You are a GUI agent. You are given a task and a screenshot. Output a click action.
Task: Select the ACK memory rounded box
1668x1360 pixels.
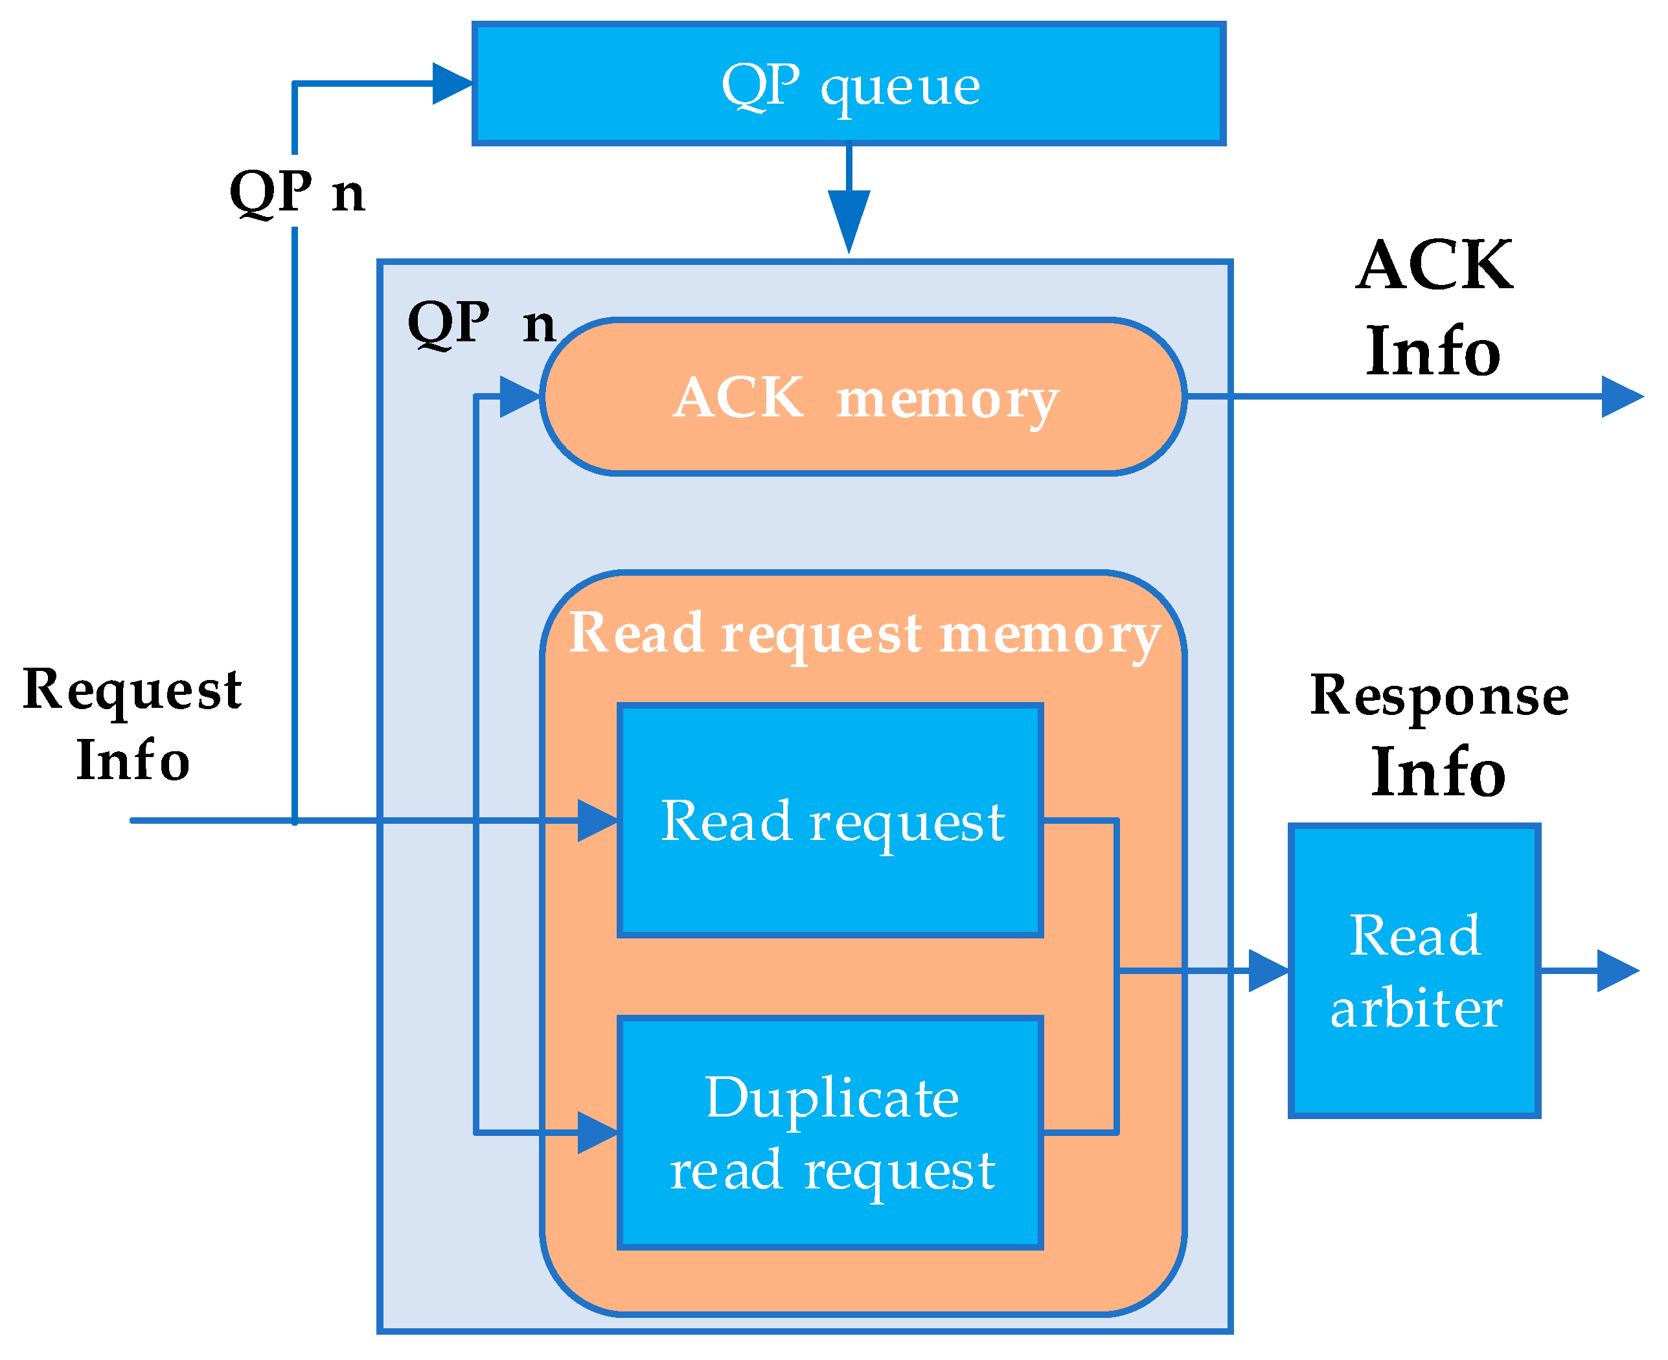point(862,397)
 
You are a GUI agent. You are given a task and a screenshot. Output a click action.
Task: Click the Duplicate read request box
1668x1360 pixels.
point(830,1133)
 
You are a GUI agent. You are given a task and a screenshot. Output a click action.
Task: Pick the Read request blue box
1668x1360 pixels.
point(830,821)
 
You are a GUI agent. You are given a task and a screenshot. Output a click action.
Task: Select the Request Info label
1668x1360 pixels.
point(131,725)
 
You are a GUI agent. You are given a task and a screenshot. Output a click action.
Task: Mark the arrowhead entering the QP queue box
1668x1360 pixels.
point(453,84)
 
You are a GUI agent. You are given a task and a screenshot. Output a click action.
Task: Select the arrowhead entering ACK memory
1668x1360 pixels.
point(520,397)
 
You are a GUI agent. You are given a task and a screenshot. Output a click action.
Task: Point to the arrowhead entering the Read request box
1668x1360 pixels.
point(597,821)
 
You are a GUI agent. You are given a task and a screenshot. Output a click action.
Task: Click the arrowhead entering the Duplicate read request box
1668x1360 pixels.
point(597,1133)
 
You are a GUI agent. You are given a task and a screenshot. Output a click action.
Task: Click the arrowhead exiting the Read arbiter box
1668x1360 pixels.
point(1616,971)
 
